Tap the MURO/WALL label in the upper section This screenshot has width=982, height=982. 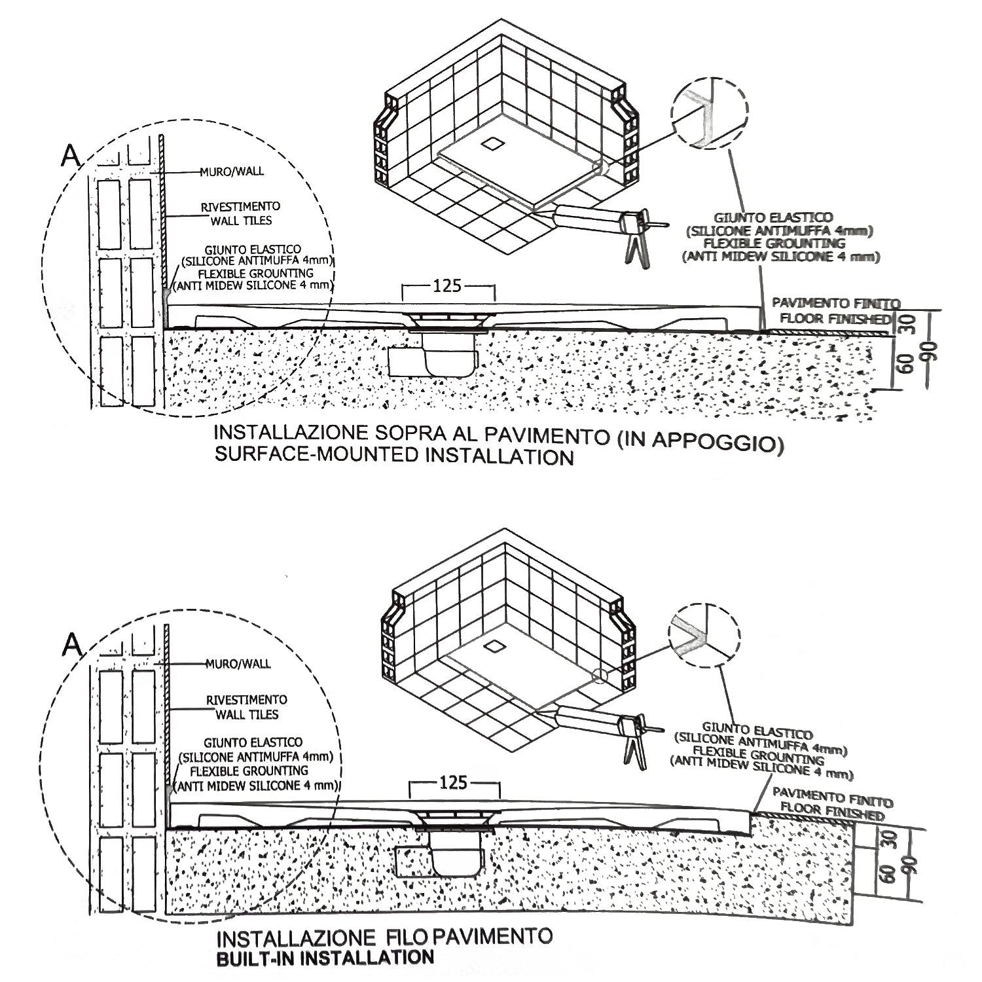pos(232,172)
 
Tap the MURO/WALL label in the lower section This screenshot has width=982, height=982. pos(238,664)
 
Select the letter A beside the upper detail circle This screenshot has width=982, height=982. pos(70,155)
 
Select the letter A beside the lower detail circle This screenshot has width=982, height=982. pos(72,646)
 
